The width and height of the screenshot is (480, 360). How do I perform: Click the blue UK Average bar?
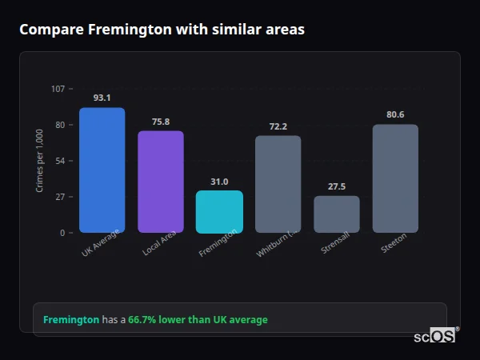[102, 170]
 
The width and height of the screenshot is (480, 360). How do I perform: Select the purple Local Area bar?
[160, 182]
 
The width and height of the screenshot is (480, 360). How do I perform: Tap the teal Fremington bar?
[219, 211]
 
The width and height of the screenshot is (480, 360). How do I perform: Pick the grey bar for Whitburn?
[278, 184]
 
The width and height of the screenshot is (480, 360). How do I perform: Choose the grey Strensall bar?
[337, 214]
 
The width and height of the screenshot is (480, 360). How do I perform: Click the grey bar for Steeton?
[395, 178]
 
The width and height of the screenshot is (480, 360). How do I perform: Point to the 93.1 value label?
[102, 98]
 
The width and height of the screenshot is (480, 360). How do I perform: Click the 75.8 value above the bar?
[160, 122]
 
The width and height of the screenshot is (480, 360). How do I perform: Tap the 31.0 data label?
[219, 182]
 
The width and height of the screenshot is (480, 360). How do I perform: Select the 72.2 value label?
[278, 126]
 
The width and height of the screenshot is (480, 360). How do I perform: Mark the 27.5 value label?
[337, 186]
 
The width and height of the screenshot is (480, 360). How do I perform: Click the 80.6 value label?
[395, 114]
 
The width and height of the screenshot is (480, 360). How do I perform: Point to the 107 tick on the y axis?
[58, 89]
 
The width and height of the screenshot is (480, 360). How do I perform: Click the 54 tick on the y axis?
[60, 161]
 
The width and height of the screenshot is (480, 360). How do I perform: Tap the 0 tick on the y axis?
[62, 233]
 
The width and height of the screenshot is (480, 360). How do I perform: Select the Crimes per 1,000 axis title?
[40, 161]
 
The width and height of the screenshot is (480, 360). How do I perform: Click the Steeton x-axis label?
[394, 242]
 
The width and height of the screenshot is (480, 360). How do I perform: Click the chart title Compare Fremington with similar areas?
[162, 30]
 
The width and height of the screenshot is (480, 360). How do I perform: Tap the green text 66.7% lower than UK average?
[198, 320]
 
